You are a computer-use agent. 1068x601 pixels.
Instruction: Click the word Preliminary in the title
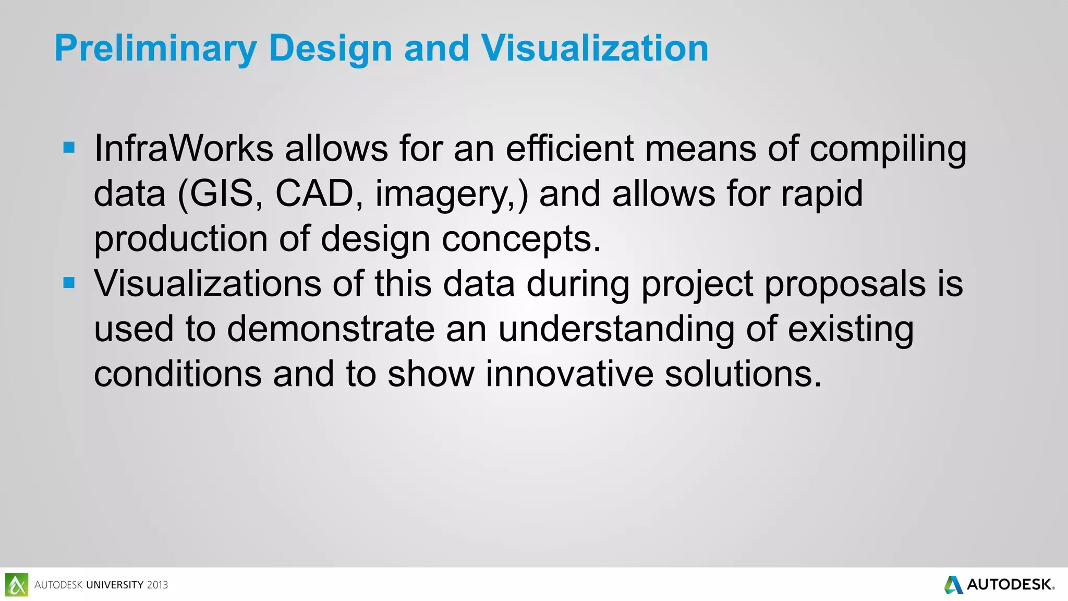[x=155, y=49]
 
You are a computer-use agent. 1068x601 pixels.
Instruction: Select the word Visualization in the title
[x=594, y=49]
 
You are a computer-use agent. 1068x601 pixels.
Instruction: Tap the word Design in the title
[x=330, y=49]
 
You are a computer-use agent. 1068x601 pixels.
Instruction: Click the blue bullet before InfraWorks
[x=69, y=148]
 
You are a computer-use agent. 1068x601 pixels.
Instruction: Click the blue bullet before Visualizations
[x=69, y=283]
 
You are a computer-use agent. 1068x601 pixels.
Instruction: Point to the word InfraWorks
[x=184, y=149]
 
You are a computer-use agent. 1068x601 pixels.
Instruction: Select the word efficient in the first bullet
[x=569, y=149]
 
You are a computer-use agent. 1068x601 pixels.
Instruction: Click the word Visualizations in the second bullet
[x=208, y=284]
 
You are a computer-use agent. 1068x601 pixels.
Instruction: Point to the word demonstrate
[x=331, y=329]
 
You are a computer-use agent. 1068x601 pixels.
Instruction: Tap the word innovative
[x=569, y=374]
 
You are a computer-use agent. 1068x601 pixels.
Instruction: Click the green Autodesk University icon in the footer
[x=17, y=584]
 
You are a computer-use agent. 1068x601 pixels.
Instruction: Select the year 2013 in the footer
[x=157, y=585]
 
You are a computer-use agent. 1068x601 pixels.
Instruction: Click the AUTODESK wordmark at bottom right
[x=1009, y=584]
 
